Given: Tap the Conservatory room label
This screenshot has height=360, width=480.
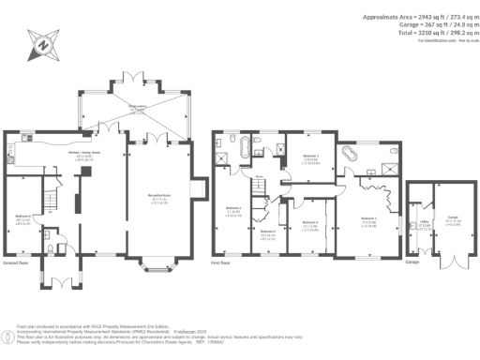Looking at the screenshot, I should coord(138,110).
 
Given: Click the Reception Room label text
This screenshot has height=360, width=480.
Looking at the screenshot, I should coord(157,200).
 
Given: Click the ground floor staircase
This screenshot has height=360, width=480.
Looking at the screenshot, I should coord(54,197).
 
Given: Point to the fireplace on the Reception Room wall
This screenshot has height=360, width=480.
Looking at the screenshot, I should coord(194,188).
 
